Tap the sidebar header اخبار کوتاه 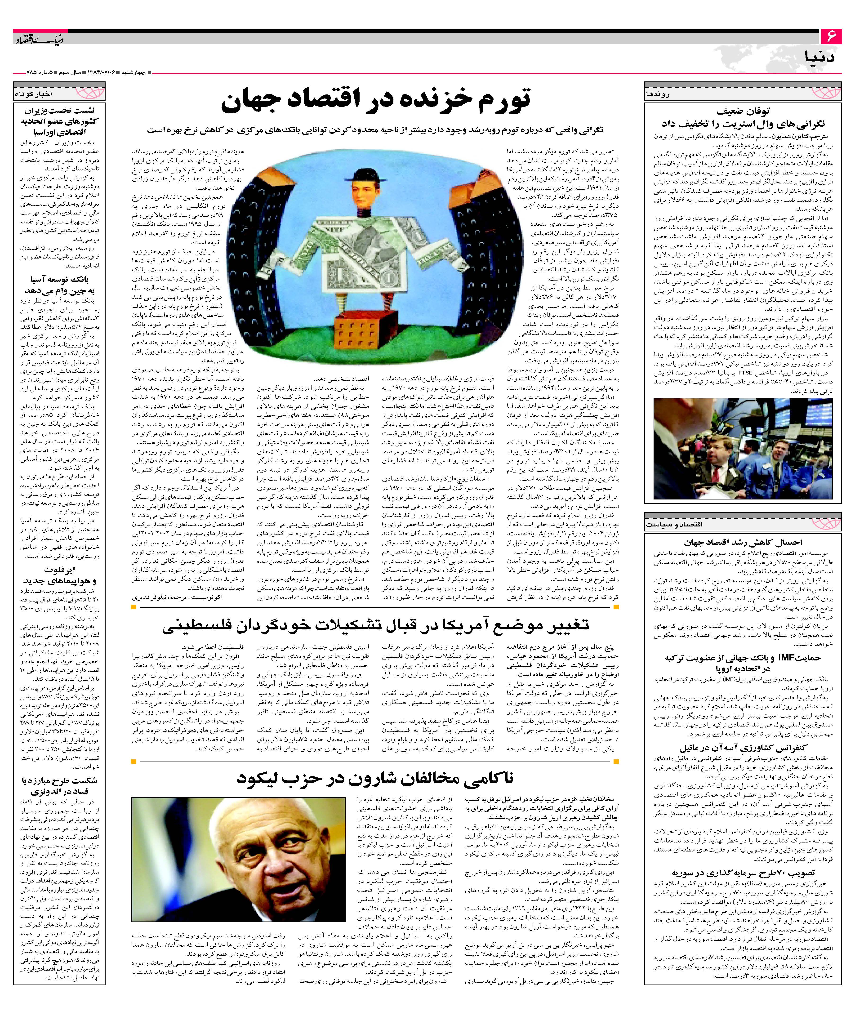(x=34, y=93)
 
